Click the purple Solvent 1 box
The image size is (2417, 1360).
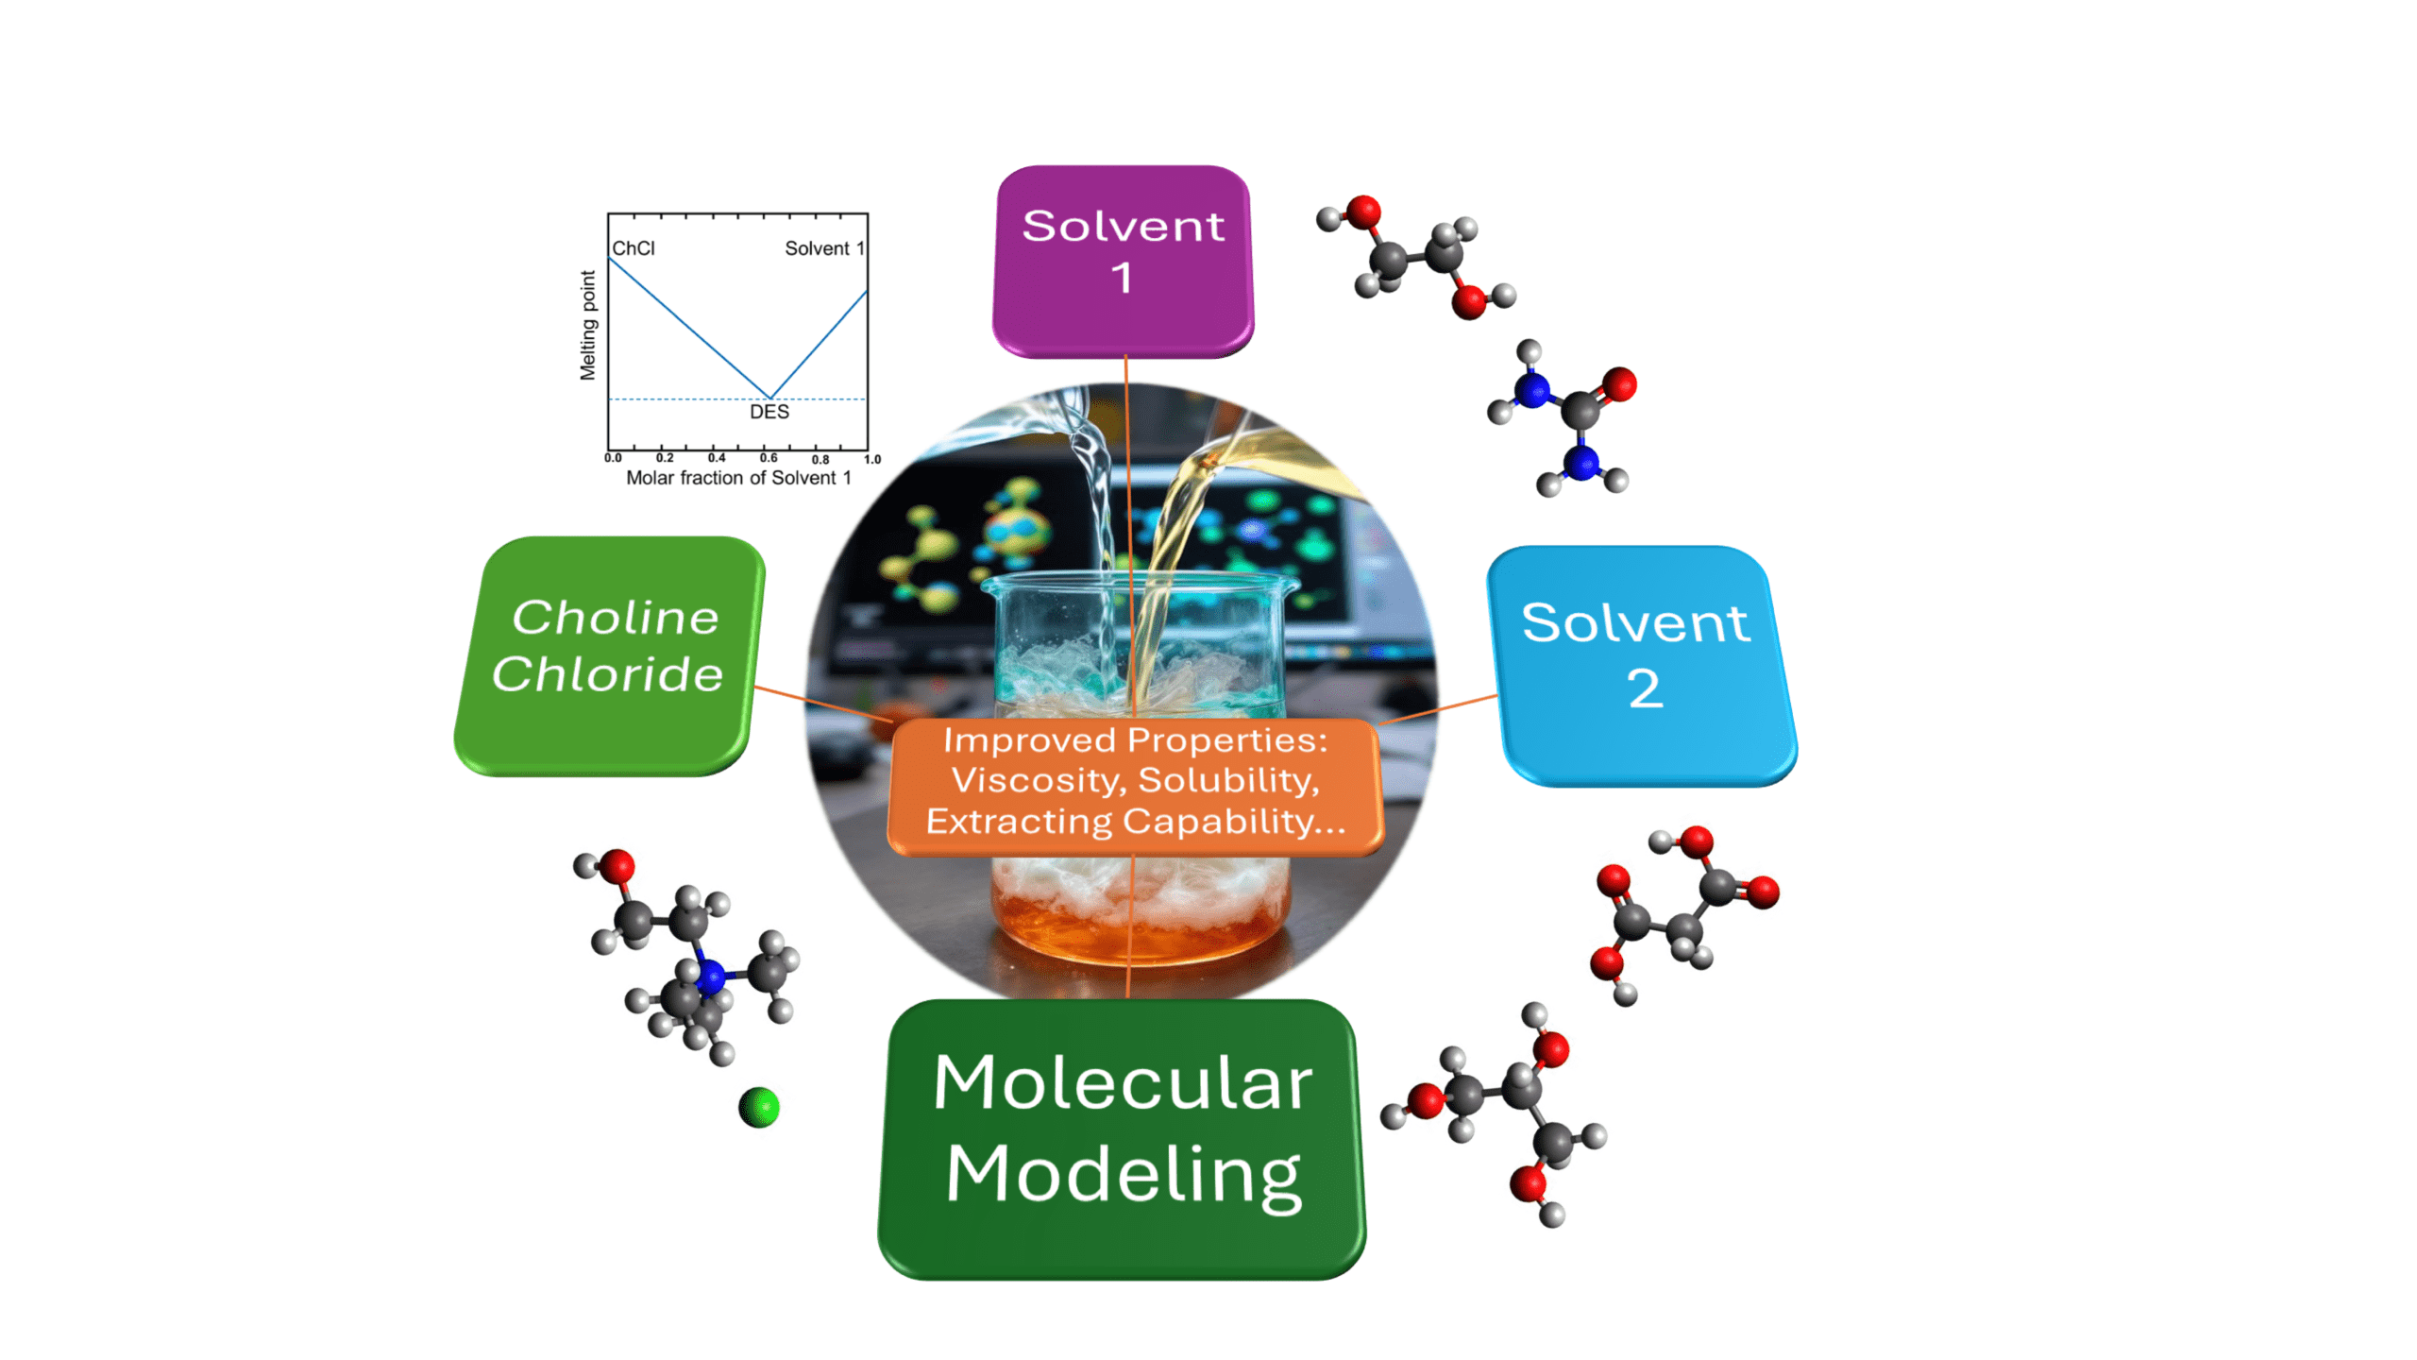click(1122, 262)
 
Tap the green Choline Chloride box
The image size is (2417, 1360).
click(609, 655)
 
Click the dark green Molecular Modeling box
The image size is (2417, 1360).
click(1122, 1139)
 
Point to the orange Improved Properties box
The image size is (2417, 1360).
click(1136, 787)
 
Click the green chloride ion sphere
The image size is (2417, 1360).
click(759, 1107)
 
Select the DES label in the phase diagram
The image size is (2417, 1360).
click(769, 412)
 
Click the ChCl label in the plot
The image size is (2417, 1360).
click(634, 248)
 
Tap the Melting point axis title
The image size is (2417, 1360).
click(588, 325)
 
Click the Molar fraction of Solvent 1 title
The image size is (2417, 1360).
click(738, 478)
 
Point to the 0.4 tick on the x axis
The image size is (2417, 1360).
click(717, 458)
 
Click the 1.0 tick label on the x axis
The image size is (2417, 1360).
click(871, 459)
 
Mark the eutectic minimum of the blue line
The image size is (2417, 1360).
click(770, 398)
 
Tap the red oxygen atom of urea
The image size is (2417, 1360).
click(1618, 384)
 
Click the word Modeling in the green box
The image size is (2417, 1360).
click(1124, 1175)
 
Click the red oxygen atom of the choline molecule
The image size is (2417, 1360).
click(617, 866)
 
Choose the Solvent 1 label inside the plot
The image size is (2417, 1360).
click(824, 248)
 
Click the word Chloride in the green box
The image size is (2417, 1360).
click(608, 674)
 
